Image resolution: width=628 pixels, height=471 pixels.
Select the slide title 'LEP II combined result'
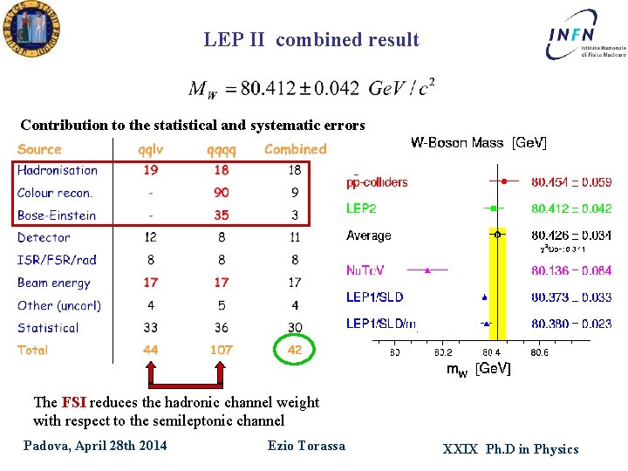coord(311,40)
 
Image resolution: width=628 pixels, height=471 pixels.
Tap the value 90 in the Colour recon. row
coord(222,193)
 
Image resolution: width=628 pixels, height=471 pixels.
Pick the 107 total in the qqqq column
coord(222,350)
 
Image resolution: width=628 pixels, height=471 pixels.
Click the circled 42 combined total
coord(295,350)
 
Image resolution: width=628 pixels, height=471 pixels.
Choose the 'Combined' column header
coord(295,149)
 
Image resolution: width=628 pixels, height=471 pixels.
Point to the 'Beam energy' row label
coord(54,283)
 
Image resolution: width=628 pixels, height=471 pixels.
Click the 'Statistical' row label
coord(48,328)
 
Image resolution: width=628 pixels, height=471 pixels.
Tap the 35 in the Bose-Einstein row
coord(222,215)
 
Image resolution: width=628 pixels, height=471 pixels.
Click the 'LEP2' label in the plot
coord(362,208)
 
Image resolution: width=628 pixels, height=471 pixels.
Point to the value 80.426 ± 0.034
coord(571,235)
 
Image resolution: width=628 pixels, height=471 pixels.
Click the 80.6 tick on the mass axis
coord(539,352)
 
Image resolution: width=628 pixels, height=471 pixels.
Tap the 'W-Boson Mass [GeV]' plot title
coord(479,143)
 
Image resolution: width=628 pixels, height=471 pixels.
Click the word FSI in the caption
coord(72,403)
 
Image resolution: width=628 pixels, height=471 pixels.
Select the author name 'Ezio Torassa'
coord(306,446)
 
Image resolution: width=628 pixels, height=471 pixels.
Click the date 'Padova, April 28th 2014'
coord(95,447)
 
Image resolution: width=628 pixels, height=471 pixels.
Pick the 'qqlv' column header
coord(151,149)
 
